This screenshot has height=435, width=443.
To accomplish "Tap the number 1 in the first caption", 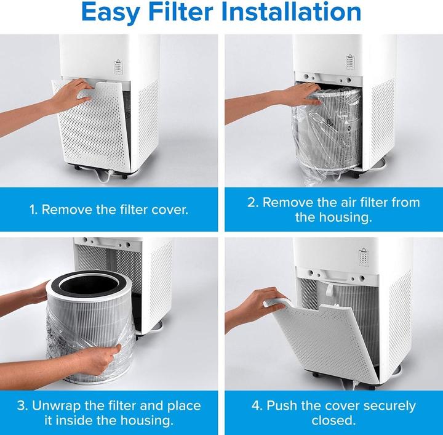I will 33,209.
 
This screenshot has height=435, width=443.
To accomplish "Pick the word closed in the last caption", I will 332,422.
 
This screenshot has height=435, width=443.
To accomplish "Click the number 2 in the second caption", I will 252,202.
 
